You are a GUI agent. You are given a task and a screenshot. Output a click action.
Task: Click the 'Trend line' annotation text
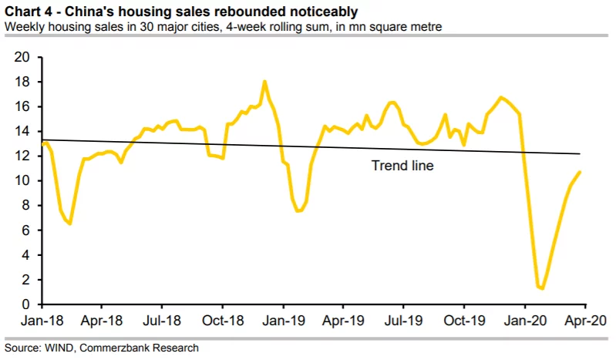pos(402,165)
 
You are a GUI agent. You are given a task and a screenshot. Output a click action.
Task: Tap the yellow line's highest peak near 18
pos(264,81)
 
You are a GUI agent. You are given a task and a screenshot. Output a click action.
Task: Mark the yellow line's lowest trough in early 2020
pos(543,288)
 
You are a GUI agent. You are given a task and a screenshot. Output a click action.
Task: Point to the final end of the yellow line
pos(580,172)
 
